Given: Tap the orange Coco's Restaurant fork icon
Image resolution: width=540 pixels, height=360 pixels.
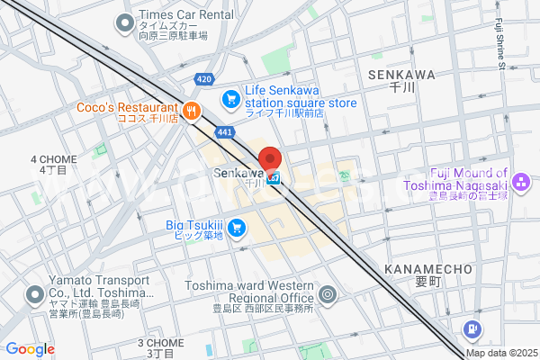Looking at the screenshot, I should (x=191, y=112).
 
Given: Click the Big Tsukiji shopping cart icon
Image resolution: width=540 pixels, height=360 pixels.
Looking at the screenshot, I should (x=237, y=228).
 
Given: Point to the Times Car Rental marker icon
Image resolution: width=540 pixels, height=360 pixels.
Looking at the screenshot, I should (x=124, y=22).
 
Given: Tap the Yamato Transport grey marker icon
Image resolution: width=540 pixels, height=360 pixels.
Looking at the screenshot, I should (x=35, y=294).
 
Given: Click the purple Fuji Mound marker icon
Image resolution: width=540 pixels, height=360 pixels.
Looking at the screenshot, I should (x=521, y=181).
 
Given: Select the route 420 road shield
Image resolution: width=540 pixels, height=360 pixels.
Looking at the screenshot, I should (x=203, y=80).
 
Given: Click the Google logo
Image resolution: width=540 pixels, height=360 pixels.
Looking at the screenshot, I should (x=30, y=349).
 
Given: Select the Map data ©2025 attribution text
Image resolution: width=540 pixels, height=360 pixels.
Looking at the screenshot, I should (x=500, y=353).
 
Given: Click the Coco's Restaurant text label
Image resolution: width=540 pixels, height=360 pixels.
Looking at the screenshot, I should (x=127, y=107).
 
